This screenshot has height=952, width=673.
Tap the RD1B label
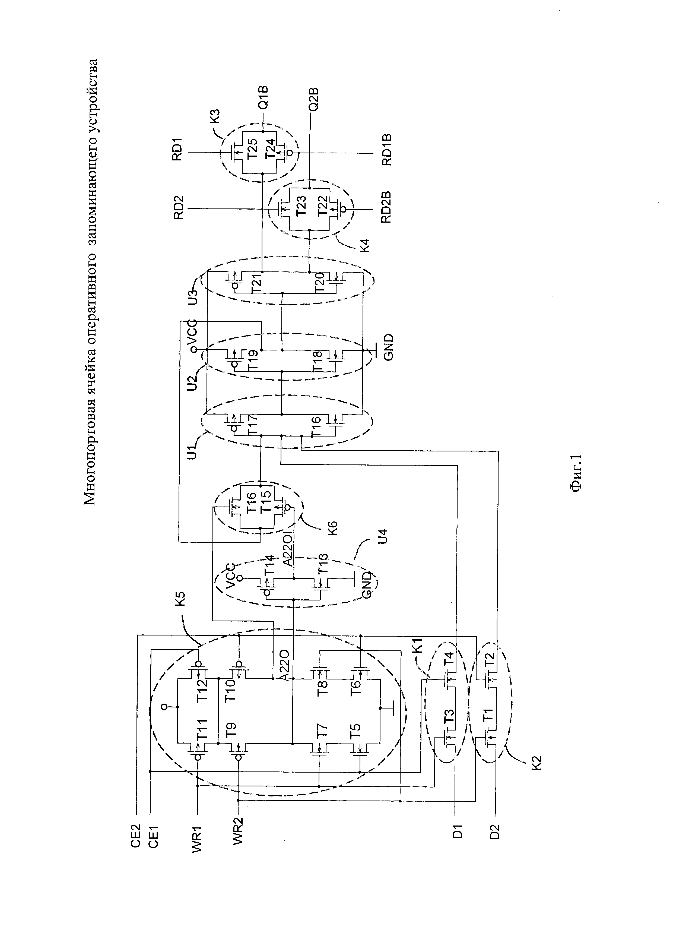click(387, 150)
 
